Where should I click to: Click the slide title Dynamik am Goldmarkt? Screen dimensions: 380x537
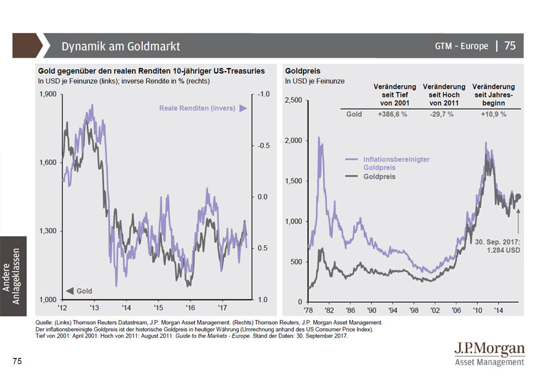[x=120, y=46]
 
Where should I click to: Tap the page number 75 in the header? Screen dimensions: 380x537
[x=510, y=46]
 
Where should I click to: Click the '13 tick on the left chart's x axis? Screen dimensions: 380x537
[x=94, y=307]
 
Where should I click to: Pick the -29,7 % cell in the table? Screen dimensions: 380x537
[x=441, y=114]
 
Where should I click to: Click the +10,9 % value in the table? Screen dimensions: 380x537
[x=493, y=114]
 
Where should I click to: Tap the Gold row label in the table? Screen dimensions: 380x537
[x=354, y=114]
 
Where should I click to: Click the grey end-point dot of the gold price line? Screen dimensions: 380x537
[x=518, y=196]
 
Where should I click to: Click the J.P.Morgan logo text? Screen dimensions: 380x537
[x=489, y=349]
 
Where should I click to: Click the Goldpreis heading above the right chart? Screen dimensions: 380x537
[x=301, y=70]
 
